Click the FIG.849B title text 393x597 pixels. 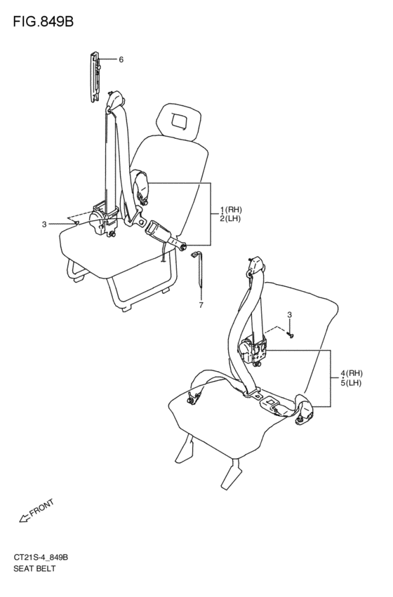[43, 22]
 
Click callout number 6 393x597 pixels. [121, 60]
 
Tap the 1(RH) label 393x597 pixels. [231, 209]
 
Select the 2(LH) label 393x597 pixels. [230, 219]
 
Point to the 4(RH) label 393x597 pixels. [352, 373]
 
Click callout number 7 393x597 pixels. [201, 304]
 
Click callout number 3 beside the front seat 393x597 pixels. [44, 224]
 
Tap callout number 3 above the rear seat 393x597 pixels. [289, 315]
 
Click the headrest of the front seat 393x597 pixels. [178, 120]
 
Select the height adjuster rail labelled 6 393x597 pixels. [95, 76]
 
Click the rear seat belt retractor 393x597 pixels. [252, 349]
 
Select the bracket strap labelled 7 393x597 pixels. [199, 268]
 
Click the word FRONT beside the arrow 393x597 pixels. [41, 507]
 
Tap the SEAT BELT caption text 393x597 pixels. [34, 568]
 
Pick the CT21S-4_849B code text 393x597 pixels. [41, 558]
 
